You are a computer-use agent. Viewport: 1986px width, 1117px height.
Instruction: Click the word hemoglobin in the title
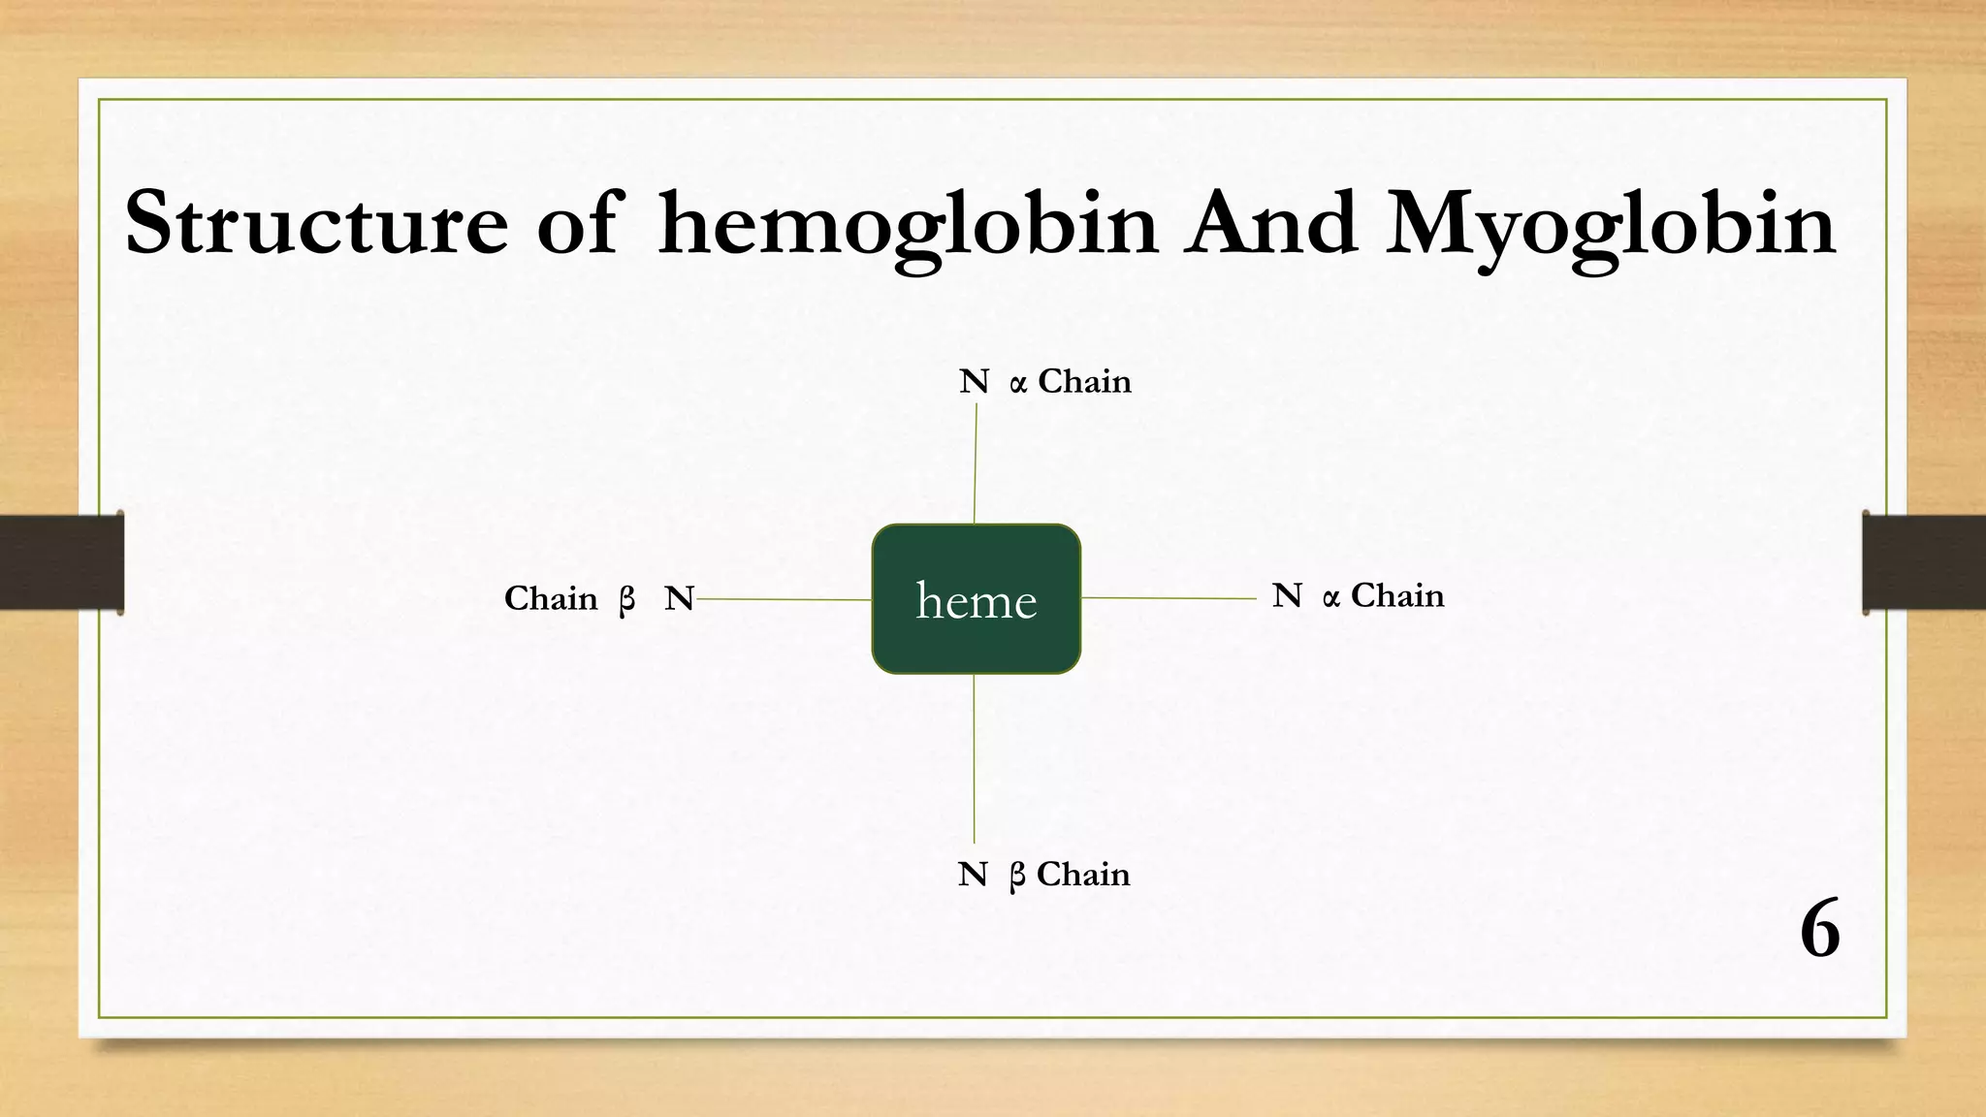908,225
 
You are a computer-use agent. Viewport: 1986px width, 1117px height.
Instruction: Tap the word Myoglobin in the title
1610,225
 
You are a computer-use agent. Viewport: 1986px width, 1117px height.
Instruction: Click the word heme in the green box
977,601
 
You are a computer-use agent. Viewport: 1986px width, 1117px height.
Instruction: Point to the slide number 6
1820,929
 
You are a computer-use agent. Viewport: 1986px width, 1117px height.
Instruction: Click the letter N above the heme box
974,382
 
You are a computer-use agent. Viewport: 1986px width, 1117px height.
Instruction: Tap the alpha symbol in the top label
1017,385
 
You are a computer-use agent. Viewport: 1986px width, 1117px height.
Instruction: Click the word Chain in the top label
1084,381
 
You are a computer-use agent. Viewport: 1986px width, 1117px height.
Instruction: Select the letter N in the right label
1287,595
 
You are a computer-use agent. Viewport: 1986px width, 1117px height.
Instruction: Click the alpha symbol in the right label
1330,599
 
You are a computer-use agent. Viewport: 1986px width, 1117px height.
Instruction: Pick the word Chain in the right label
1397,595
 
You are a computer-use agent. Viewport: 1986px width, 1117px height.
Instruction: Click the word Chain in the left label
551,598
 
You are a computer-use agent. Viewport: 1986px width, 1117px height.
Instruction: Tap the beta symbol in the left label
626,601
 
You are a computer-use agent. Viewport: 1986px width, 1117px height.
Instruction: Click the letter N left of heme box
679,599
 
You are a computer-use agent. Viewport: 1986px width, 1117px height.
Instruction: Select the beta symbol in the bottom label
1016,877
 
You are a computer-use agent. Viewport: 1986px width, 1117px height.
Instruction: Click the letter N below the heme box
972,875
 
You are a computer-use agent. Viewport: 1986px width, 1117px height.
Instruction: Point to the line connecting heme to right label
1169,598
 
